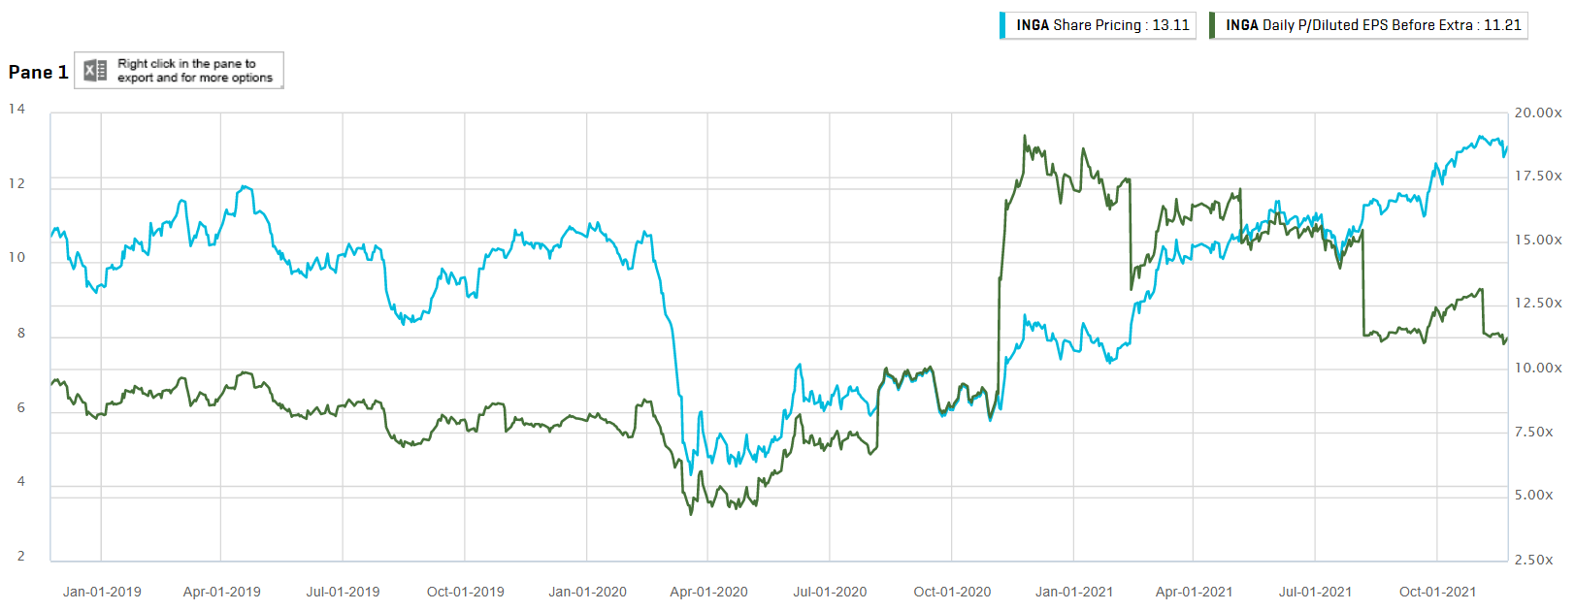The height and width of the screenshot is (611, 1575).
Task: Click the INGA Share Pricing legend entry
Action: (x=1101, y=25)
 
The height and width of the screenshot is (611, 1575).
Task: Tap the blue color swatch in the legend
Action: (x=1002, y=25)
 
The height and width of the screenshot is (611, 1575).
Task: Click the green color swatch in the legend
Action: (x=1212, y=25)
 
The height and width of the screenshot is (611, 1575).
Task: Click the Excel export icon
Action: (x=95, y=71)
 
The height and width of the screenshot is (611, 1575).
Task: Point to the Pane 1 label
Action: (x=38, y=72)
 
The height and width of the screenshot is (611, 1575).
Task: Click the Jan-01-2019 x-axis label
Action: (x=102, y=592)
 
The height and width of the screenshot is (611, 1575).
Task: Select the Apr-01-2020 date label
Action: (x=708, y=592)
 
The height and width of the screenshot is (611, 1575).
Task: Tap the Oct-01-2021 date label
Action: (x=1437, y=592)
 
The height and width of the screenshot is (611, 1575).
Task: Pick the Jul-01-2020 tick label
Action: (x=830, y=592)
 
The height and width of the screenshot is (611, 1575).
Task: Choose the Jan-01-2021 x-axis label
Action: (x=1074, y=592)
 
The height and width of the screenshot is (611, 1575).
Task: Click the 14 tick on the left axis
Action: (x=16, y=109)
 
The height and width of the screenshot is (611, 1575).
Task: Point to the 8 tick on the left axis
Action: (x=21, y=333)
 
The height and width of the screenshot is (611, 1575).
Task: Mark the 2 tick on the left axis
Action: (x=21, y=556)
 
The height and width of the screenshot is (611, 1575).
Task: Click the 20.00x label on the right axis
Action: (x=1538, y=113)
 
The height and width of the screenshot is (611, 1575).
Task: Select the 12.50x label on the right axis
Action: (x=1538, y=303)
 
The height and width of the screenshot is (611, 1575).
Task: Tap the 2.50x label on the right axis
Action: (x=1533, y=560)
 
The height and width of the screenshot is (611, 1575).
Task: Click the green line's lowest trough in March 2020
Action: (x=691, y=513)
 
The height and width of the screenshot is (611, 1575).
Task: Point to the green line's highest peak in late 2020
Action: (x=1025, y=137)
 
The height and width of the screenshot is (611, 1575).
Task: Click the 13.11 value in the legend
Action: (x=1170, y=25)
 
